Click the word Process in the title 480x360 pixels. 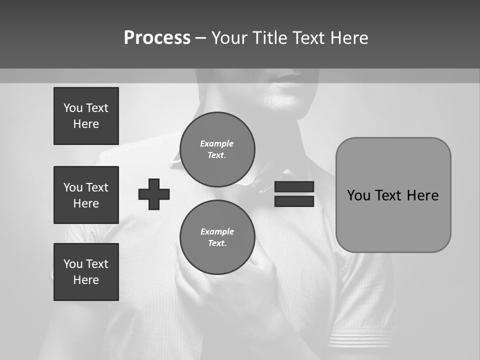157,38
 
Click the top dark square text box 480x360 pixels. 86,116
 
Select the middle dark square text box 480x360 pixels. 86,195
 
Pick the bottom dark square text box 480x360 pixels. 86,271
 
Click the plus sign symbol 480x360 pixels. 154,194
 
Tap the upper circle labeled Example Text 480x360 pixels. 217,149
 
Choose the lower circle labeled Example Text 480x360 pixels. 217,237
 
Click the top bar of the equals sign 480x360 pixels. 294,186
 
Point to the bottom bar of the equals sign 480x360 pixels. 294,201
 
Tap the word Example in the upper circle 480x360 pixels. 217,143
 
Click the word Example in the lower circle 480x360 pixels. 217,231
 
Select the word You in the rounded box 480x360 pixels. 358,195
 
